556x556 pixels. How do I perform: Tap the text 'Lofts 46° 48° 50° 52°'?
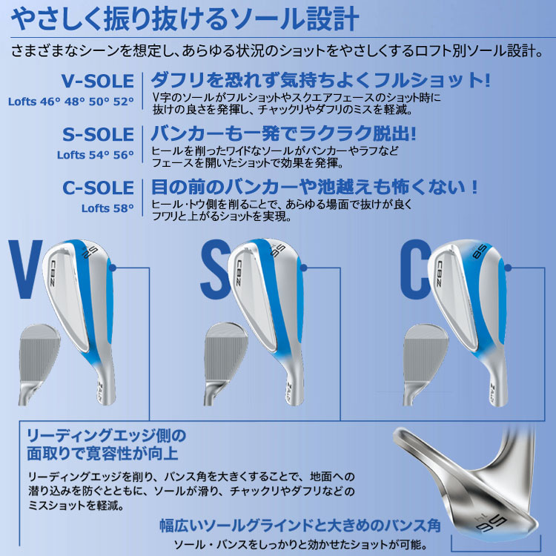tap(71, 102)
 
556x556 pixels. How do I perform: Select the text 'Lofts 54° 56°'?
tap(96, 156)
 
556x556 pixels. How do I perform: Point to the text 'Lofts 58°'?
tap(108, 208)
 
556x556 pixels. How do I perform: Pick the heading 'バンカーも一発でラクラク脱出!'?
tap(283, 134)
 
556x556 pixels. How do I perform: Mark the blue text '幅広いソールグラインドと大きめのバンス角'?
tap(300, 526)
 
